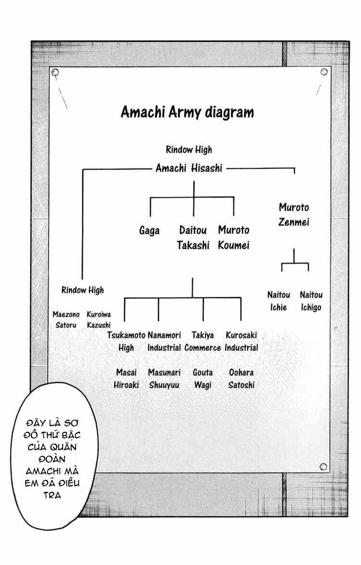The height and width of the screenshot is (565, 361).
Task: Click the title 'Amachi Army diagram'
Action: [187, 112]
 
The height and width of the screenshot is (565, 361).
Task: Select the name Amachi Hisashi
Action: [189, 168]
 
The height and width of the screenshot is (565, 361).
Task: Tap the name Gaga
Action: [149, 230]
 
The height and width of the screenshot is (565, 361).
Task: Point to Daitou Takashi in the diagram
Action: [193, 238]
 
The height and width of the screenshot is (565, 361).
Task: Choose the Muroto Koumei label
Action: [234, 238]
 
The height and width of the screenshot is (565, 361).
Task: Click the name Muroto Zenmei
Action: [294, 215]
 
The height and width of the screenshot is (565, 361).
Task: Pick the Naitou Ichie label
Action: [278, 301]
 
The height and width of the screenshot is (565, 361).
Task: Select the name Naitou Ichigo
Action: [311, 301]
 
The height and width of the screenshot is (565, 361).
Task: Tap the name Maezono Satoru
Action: [66, 320]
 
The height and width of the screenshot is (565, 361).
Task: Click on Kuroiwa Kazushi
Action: [99, 320]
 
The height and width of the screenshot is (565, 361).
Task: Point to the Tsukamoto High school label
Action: [126, 341]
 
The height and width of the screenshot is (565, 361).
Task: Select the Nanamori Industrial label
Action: [164, 341]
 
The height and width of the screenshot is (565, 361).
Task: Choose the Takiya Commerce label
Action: [203, 341]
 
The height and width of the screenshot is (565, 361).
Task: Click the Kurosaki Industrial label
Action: [241, 341]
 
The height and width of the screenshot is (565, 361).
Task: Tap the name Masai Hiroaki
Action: [126, 379]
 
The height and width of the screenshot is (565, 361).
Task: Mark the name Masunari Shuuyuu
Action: [164, 379]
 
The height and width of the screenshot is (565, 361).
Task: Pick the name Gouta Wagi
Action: [203, 379]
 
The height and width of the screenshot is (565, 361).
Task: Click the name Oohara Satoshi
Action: [241, 379]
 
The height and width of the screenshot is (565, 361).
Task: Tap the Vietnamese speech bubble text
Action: [52, 459]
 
